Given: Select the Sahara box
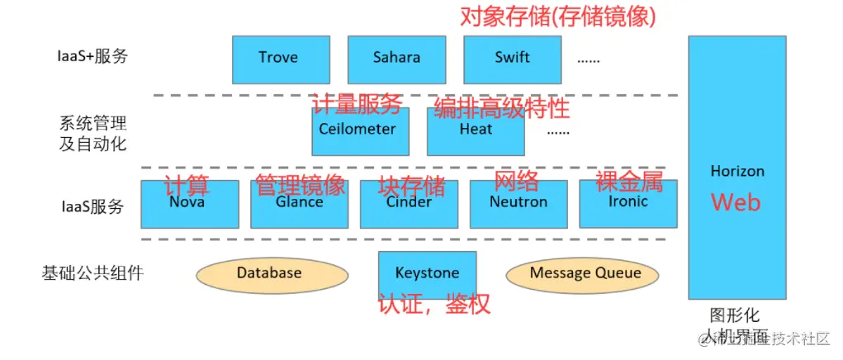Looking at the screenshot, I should (x=396, y=59).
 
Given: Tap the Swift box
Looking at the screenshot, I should (x=512, y=59).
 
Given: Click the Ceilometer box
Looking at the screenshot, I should (x=360, y=132).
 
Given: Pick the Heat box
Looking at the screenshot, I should (x=476, y=132).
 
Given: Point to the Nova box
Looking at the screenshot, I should (x=189, y=205).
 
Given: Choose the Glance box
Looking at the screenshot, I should (x=299, y=205).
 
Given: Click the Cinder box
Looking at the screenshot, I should (x=409, y=205).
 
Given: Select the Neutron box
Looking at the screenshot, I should (x=519, y=205).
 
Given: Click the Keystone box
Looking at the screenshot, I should (x=427, y=273).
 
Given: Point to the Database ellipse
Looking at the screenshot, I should (x=269, y=273).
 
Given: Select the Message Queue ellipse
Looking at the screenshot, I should (x=585, y=273).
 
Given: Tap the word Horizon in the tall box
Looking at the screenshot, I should (x=737, y=172).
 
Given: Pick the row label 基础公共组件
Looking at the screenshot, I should (x=92, y=272).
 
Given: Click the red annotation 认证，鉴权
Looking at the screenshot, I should (x=434, y=304).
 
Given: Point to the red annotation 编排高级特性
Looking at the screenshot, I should (x=502, y=107).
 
